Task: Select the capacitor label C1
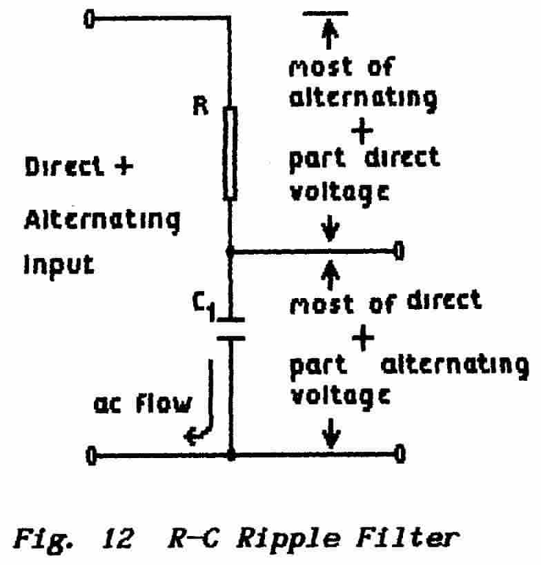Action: [x=204, y=305]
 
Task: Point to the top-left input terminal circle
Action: [x=89, y=19]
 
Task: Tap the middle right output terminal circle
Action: [x=397, y=251]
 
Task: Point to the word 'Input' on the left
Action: [x=59, y=264]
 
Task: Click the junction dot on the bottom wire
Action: [x=231, y=456]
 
